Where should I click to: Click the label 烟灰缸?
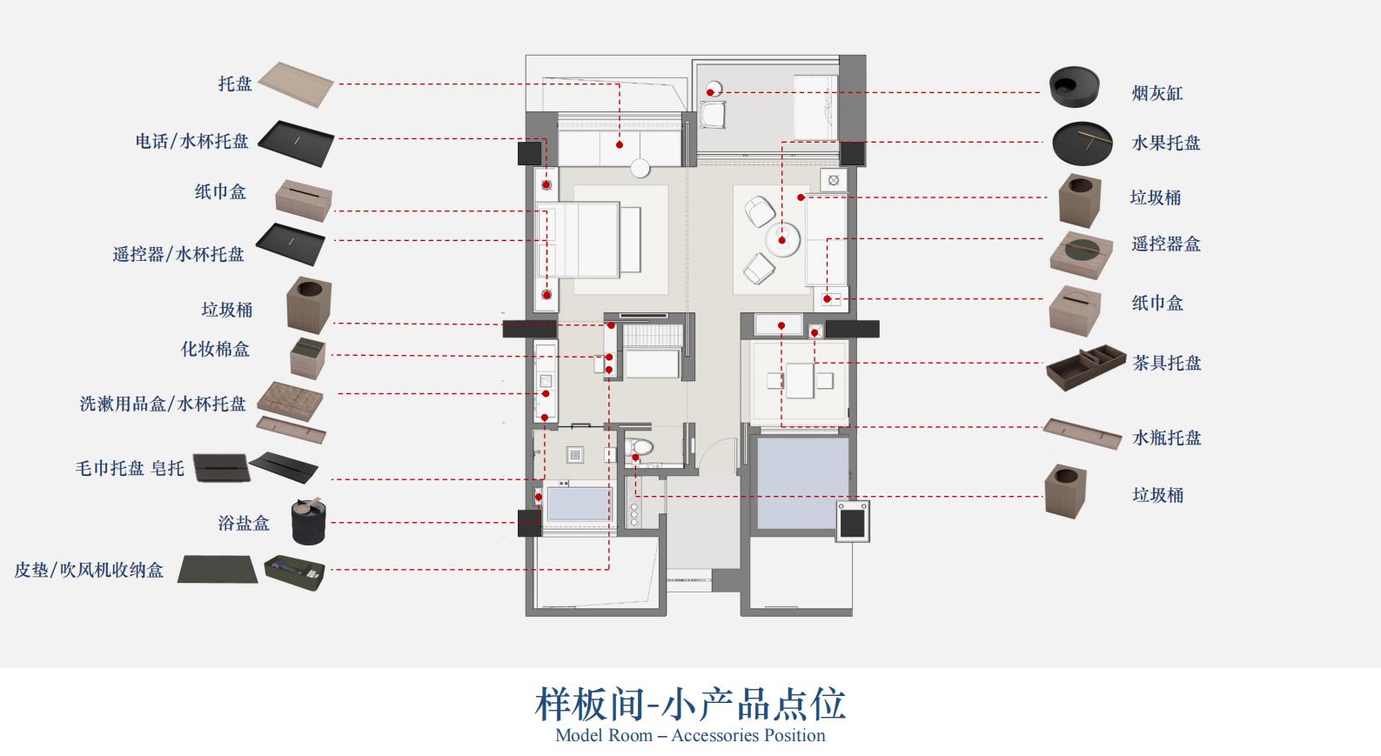coord(1156,93)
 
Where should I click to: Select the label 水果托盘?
coord(1165,143)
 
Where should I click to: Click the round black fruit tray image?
coord(1082,143)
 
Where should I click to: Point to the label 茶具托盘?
coord(1166,363)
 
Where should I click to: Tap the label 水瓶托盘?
coord(1166,438)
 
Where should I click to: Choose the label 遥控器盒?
coord(1165,244)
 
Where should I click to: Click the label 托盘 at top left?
coord(235,84)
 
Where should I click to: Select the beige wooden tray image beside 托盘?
coord(296,84)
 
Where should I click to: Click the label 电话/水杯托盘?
coord(191,141)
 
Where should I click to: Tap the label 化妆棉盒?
coord(215,349)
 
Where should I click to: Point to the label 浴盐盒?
coord(244,523)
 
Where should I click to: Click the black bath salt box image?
coord(308,521)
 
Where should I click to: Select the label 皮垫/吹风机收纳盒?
coord(89,570)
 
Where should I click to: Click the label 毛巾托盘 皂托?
coord(130,468)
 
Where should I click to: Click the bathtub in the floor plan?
coord(578,504)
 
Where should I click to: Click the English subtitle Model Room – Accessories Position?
coord(690,735)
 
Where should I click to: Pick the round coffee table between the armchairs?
coord(782,238)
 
